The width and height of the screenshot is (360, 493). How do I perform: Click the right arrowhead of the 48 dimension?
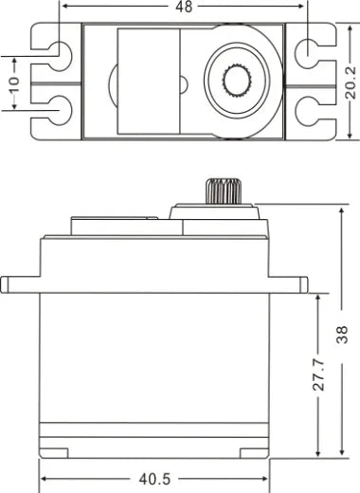coord(304,6)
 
